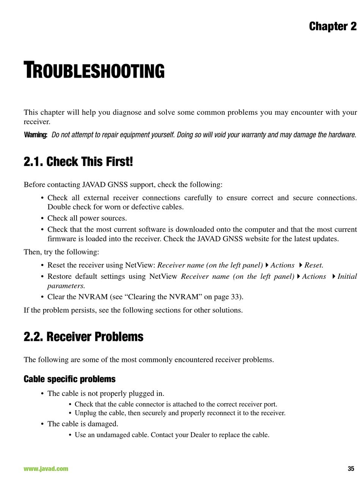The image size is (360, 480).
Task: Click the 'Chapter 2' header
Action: [333, 27]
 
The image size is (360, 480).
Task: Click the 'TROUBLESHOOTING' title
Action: [94, 71]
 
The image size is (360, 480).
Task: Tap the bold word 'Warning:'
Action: [36, 135]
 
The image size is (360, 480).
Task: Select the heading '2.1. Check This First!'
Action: [78, 162]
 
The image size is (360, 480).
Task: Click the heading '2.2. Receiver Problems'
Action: [83, 337]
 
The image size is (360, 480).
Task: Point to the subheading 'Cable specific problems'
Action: [69, 379]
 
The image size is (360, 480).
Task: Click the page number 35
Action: [351, 469]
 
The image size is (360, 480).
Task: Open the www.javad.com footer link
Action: [46, 469]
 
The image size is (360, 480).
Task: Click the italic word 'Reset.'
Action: [314, 265]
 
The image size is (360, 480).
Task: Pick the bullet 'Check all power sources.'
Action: [87, 218]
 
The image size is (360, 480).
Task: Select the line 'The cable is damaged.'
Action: [83, 424]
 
